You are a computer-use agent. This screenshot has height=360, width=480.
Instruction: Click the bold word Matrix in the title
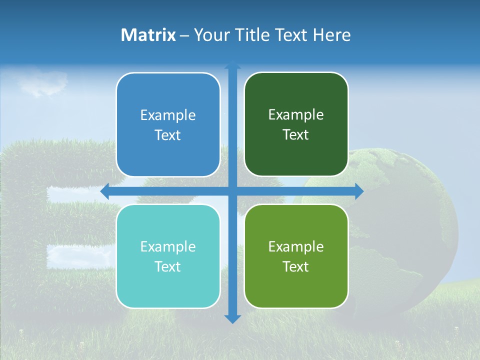tap(148, 35)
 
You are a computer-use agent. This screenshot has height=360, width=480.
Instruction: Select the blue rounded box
tap(168, 124)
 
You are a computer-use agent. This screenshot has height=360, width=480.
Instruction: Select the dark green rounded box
tap(296, 124)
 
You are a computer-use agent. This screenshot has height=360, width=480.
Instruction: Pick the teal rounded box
tap(168, 256)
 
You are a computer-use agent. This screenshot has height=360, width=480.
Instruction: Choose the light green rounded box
tap(296, 256)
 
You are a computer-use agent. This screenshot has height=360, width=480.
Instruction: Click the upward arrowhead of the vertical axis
tap(232, 64)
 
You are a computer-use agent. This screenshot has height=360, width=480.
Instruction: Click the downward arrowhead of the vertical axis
tap(232, 318)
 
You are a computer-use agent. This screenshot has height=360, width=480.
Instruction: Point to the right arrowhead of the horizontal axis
tap(359, 191)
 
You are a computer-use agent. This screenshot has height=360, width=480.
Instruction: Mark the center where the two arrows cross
tap(232, 191)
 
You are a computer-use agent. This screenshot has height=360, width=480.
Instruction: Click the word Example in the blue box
tap(168, 115)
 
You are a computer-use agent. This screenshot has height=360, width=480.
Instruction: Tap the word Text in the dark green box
tap(296, 135)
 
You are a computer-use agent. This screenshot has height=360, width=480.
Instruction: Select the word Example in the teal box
tap(168, 247)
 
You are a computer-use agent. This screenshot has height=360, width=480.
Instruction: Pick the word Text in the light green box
tap(296, 267)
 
